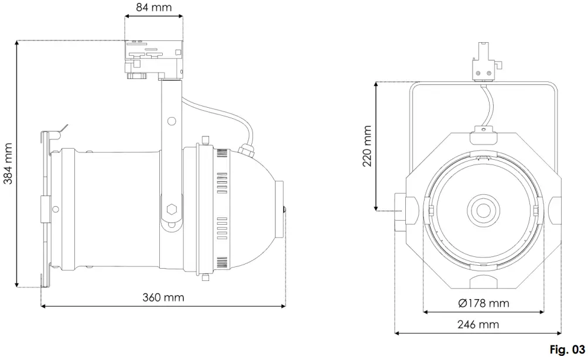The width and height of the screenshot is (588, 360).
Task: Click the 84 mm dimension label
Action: tap(153, 8)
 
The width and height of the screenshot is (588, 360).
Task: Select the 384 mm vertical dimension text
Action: tap(9, 164)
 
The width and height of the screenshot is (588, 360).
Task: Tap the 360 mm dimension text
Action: tap(164, 297)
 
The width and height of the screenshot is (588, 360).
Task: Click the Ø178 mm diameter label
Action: tap(484, 303)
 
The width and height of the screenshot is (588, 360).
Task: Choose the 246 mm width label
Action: tap(478, 324)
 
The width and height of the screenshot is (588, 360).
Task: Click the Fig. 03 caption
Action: tap(567, 349)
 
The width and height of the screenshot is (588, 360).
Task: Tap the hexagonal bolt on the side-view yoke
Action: tap(172, 209)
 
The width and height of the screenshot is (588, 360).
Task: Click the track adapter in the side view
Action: tap(154, 59)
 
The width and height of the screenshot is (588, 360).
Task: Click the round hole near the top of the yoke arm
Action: tap(172, 121)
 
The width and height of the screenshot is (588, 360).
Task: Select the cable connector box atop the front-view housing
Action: tap(484, 136)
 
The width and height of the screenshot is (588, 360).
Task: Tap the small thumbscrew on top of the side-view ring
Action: tap(205, 140)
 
